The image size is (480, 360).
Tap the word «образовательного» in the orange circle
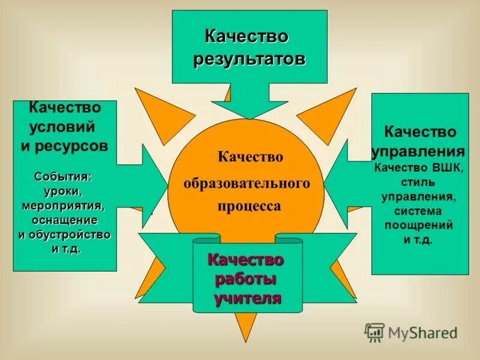tap(247, 182)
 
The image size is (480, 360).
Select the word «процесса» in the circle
tap(248, 206)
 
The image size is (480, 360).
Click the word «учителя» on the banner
tap(248, 298)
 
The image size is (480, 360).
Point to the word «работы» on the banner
tap(246, 279)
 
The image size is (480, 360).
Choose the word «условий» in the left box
tap(62, 127)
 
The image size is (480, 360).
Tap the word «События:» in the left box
tap(63, 177)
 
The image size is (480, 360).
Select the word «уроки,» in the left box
tap(64, 191)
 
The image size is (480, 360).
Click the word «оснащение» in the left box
tap(63, 220)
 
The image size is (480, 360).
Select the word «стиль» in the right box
tap(419, 181)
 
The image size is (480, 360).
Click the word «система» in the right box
tap(419, 211)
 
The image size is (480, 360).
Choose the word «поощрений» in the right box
tap(419, 226)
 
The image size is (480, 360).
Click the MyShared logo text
tap(422, 332)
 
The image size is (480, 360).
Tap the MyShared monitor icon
tap(374, 332)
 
